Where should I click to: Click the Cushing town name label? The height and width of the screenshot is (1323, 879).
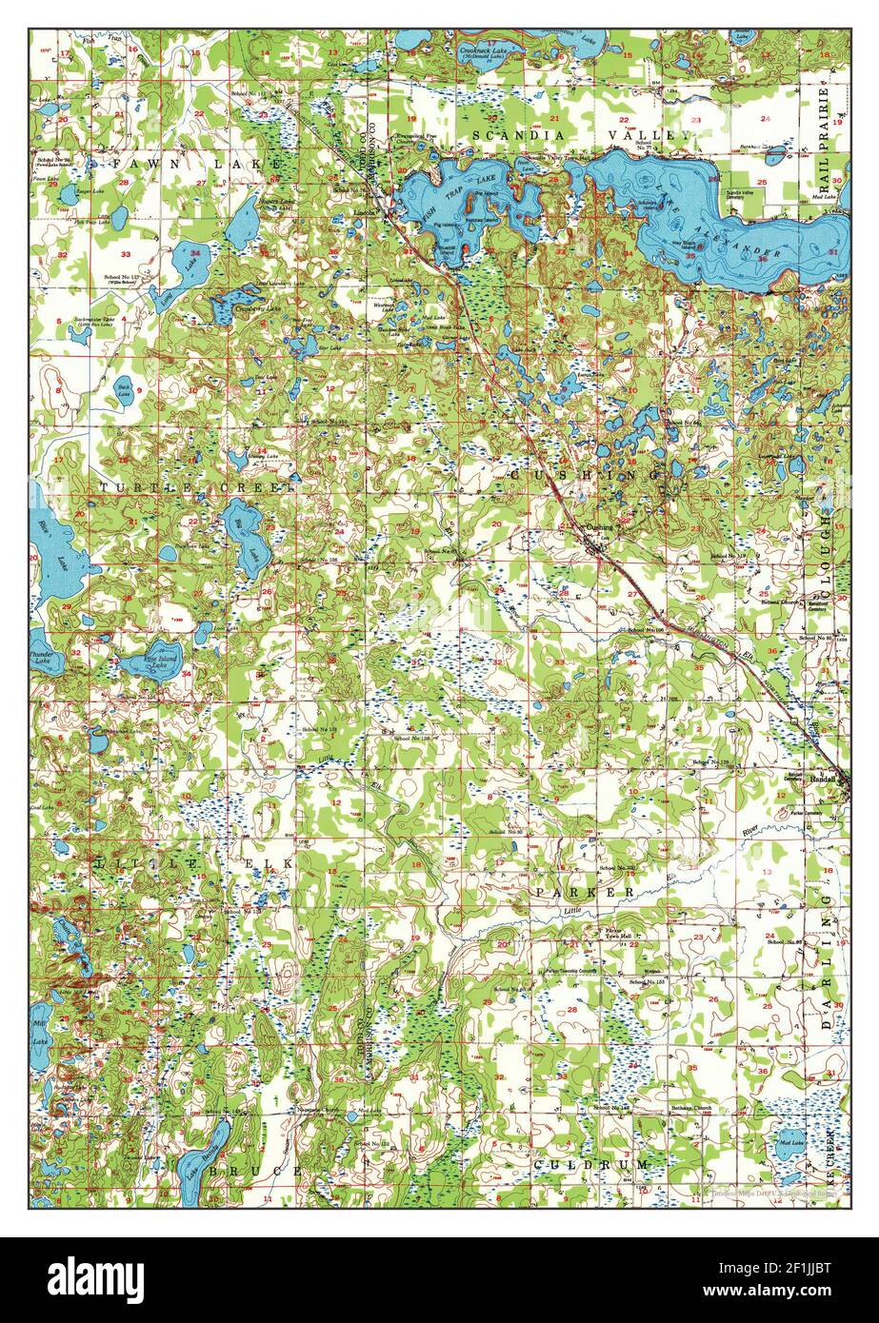(600, 526)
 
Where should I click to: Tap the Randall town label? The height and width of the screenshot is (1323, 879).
(822, 778)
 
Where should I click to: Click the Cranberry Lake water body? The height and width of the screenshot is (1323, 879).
(234, 306)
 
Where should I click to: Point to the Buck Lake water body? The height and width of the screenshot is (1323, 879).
(124, 391)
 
